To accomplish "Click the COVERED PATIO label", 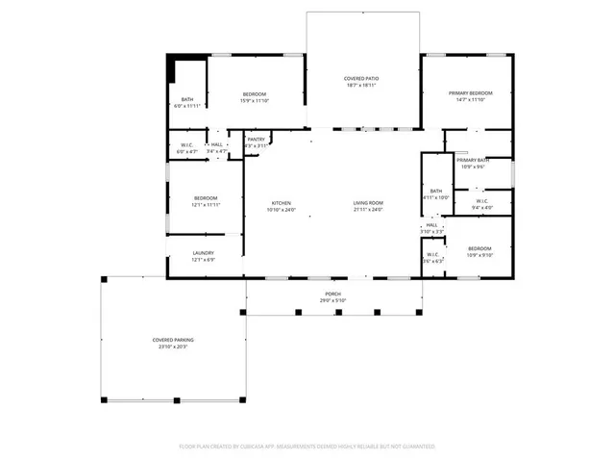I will pyautogui.click(x=362, y=77).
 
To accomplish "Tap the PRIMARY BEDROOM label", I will pyautogui.click(x=469, y=93).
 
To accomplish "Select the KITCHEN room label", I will pyautogui.click(x=281, y=203).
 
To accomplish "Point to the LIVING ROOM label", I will pyautogui.click(x=368, y=203).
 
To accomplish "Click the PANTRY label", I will pyautogui.click(x=256, y=140).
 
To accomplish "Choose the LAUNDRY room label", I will pyautogui.click(x=203, y=253).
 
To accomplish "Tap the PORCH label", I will pyautogui.click(x=332, y=295).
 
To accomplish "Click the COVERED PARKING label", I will pyautogui.click(x=173, y=340).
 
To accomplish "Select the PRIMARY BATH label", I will pyautogui.click(x=472, y=160).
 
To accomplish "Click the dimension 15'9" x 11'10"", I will pyautogui.click(x=254, y=100).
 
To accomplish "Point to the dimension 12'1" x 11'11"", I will pyautogui.click(x=206, y=204).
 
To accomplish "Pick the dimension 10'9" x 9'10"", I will pyautogui.click(x=479, y=255).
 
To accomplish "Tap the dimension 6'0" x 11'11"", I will pyautogui.click(x=185, y=106).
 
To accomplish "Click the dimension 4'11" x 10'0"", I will pyautogui.click(x=436, y=197).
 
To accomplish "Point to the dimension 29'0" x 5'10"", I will pyautogui.click(x=332, y=301).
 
